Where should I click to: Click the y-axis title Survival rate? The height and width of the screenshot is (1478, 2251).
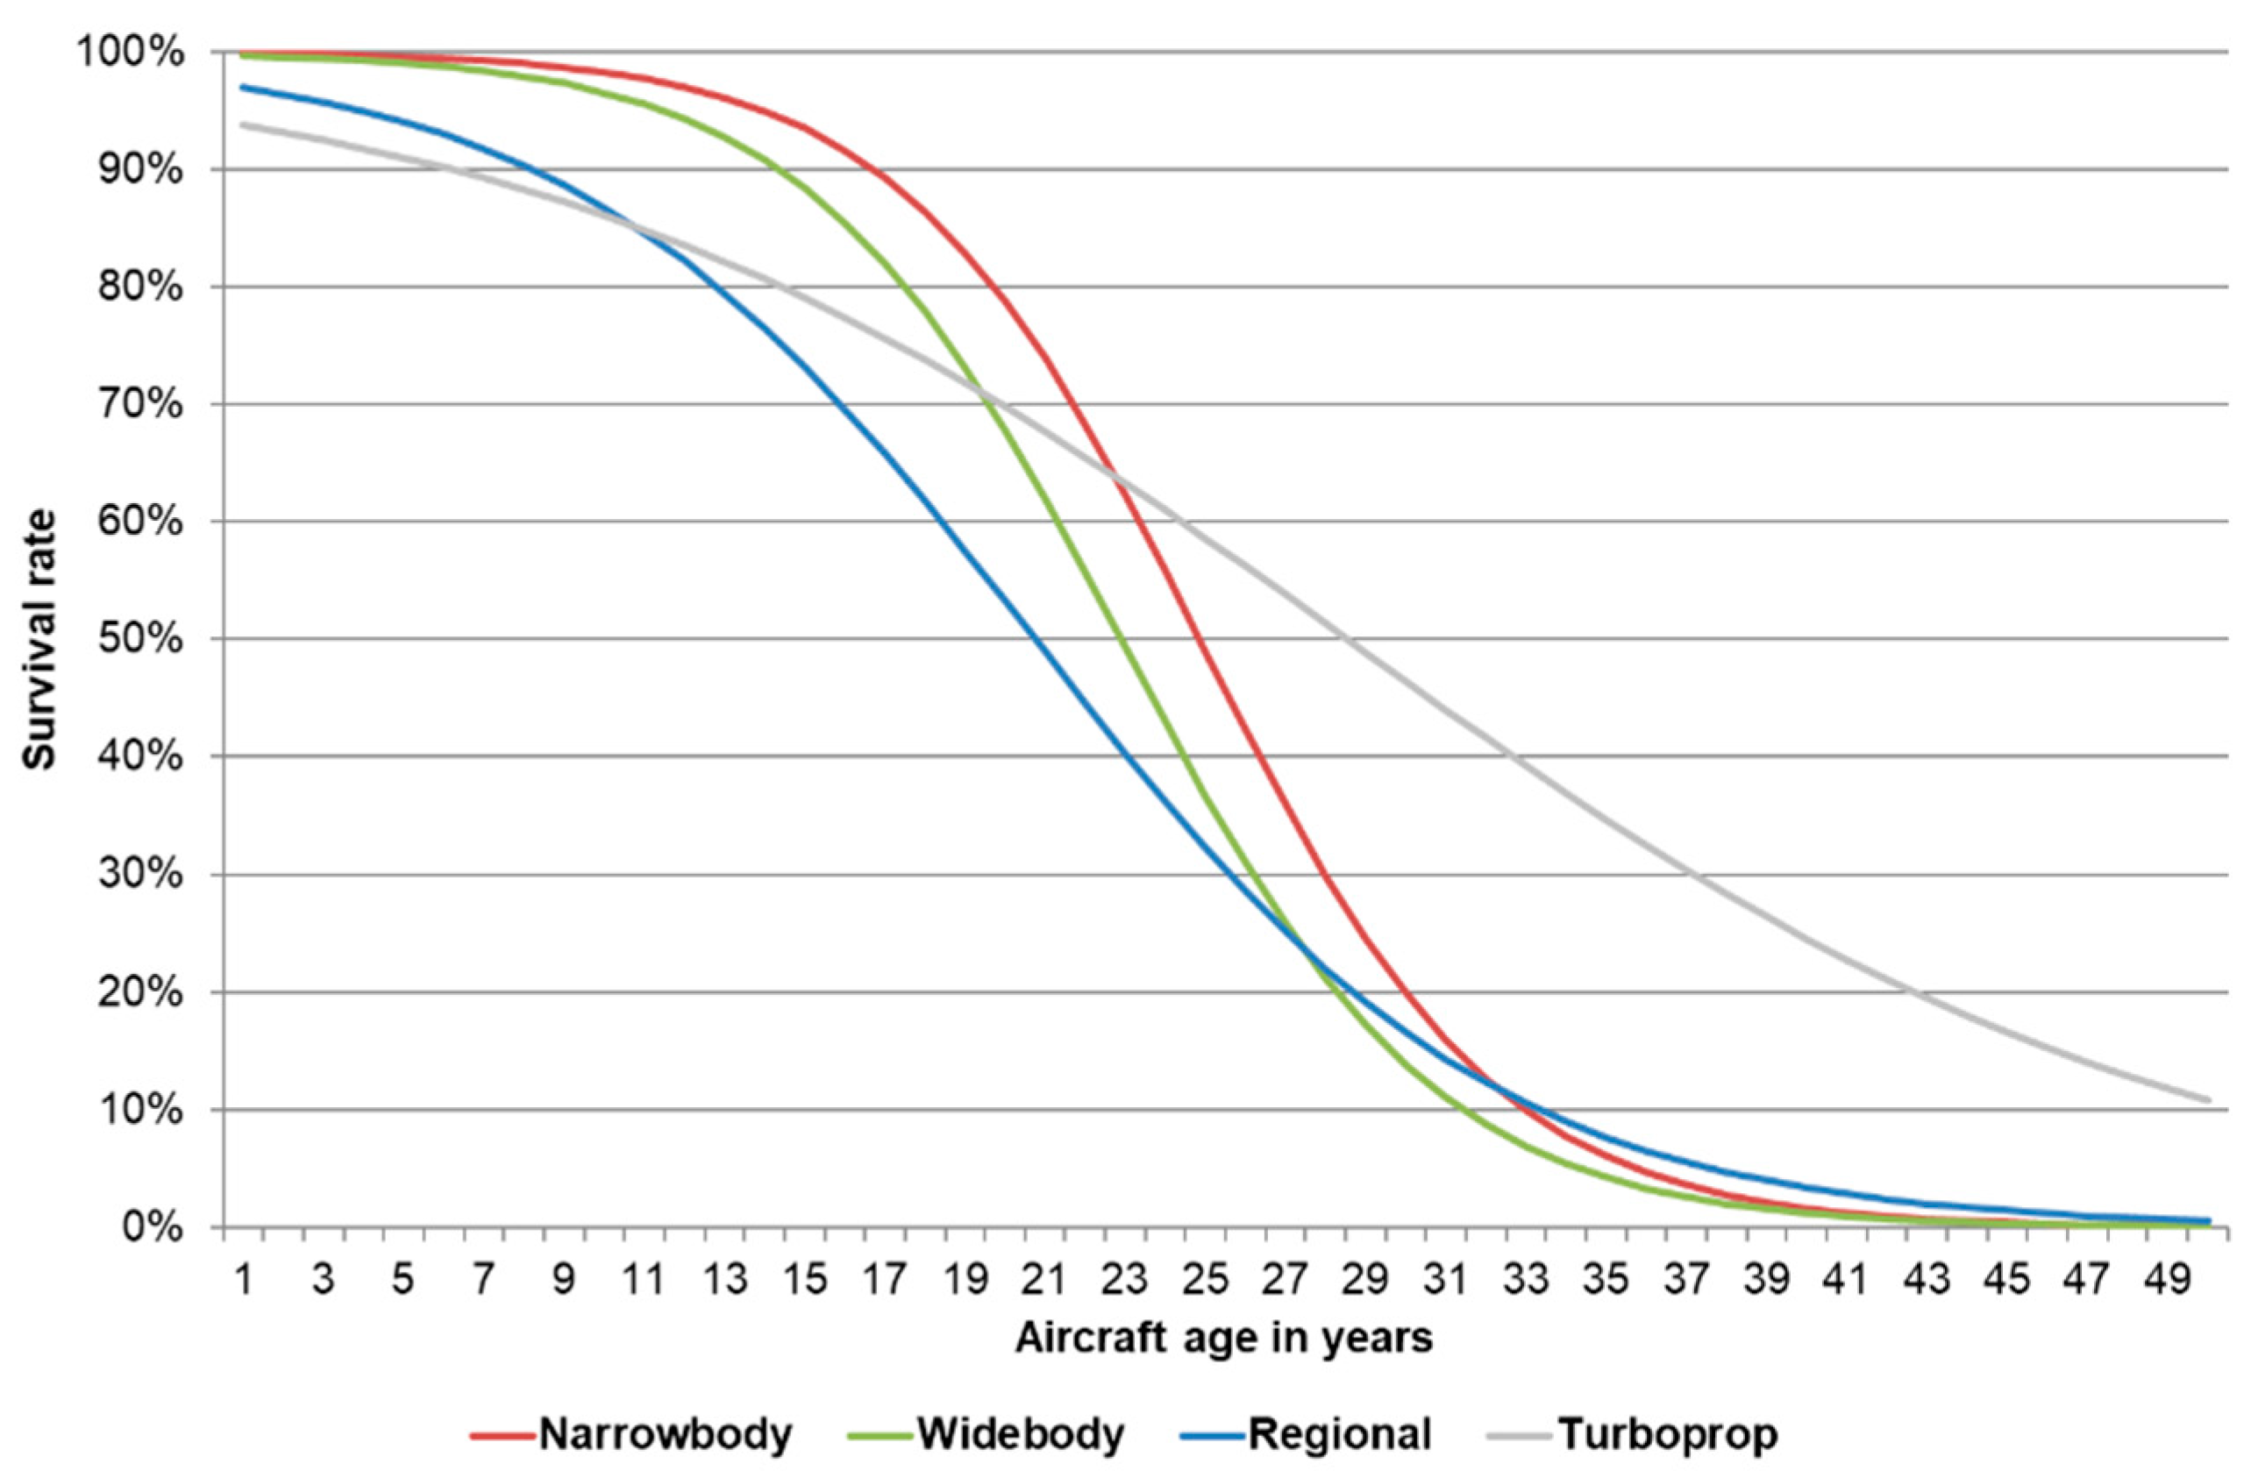(39, 639)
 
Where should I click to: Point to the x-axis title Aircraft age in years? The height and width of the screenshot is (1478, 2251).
(1224, 1339)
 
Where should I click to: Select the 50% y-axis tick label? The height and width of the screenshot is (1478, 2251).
(140, 639)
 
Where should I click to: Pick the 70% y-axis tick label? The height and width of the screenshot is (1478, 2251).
(140, 405)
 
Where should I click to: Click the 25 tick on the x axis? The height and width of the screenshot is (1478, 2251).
(1205, 1279)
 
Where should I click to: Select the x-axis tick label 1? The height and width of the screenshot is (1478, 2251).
(243, 1279)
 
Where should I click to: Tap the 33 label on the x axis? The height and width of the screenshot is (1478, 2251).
(1526, 1279)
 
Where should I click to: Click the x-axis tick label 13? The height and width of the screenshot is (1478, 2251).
(724, 1279)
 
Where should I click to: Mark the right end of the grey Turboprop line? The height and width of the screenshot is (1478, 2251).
(2208, 1100)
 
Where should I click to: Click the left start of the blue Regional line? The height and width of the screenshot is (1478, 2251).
(243, 87)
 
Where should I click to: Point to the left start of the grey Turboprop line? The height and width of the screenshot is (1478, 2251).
(243, 124)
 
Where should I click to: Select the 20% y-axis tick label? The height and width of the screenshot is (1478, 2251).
(140, 992)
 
